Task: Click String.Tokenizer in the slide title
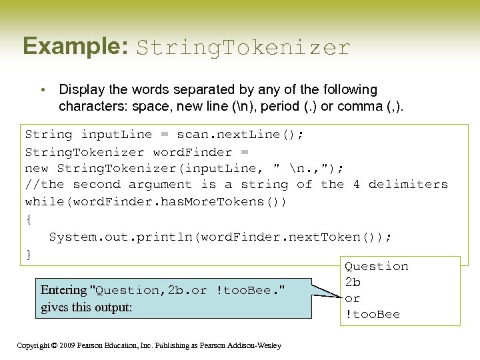coord(243,48)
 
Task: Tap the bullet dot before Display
coord(42,90)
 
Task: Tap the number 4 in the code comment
coord(356,185)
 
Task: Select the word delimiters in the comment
coord(408,185)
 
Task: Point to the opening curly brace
coord(29,218)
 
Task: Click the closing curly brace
coord(29,254)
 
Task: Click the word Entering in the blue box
coord(64,290)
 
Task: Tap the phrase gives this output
coord(87,307)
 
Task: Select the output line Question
coord(376,267)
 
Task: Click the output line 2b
coord(353,283)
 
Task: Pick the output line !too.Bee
coord(372,315)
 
